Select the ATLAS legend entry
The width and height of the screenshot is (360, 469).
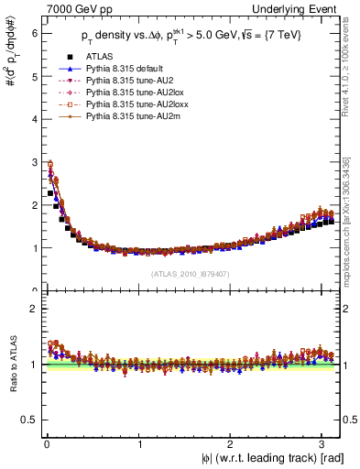tap(100, 56)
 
